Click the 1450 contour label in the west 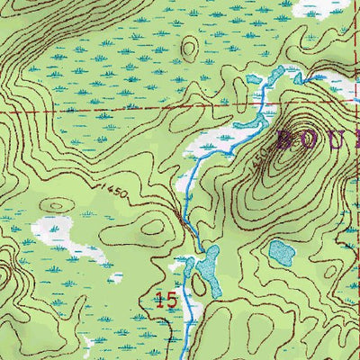click(x=113, y=191)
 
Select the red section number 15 click(x=165, y=300)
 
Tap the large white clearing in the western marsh click(x=58, y=236)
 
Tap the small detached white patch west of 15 click(x=112, y=265)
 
